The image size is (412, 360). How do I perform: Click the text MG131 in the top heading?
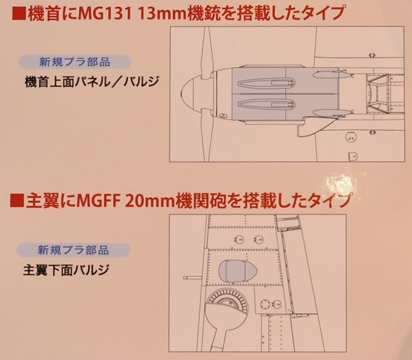pos(105,14)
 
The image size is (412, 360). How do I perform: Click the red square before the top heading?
pos(19,14)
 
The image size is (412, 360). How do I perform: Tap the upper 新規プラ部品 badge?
pos(75,62)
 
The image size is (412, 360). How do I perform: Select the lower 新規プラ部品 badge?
pos(73,250)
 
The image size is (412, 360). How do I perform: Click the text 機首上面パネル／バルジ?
pos(92,82)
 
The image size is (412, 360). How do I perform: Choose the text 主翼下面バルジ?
pos(66,270)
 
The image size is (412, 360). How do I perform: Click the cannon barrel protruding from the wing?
pos(192,278)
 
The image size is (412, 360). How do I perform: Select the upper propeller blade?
pos(206,50)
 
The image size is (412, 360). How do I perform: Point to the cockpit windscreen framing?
pos(378,94)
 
